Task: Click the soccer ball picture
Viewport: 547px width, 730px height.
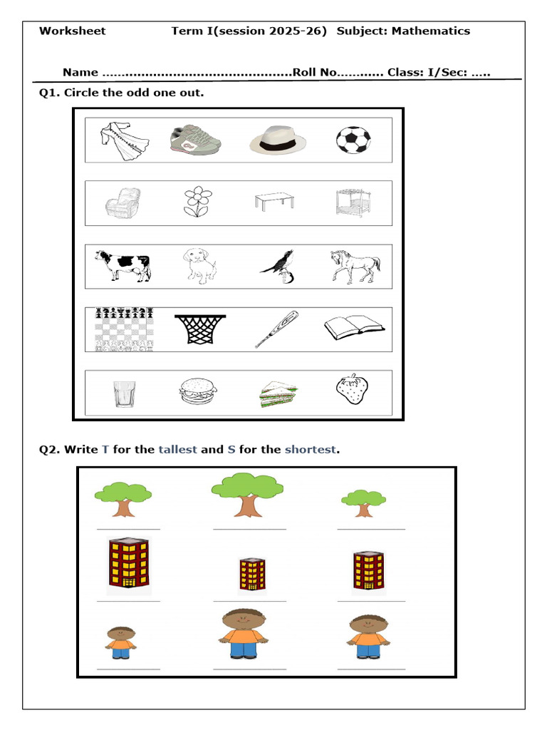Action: pos(353,140)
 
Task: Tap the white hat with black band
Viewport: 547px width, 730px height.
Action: pos(278,140)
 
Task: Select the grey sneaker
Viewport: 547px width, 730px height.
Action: pos(196,139)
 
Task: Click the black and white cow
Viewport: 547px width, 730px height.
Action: pos(123,265)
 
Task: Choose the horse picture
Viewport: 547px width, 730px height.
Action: pos(354,265)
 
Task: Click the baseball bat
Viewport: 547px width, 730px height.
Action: pos(276,329)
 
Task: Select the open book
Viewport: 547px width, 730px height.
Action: pos(354,328)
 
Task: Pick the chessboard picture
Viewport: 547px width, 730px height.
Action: pos(125,329)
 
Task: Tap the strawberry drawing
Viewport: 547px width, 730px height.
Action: pos(353,389)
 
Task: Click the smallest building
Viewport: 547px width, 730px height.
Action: pos(251,574)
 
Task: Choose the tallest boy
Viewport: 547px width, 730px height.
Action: pos(243,633)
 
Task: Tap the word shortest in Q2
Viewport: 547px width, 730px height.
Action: pos(311,449)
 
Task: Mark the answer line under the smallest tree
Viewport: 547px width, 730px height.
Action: pos(371,530)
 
